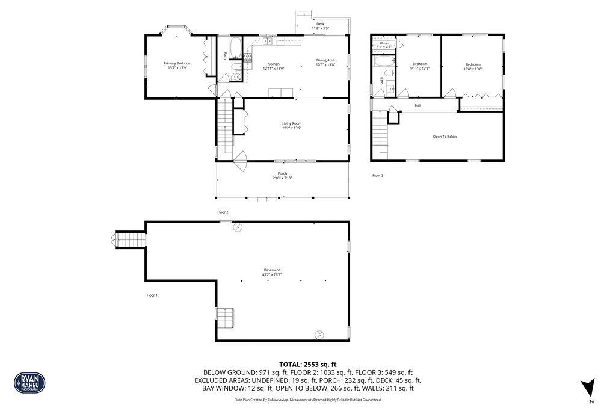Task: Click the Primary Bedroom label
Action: (177, 63)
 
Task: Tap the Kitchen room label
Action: (273, 64)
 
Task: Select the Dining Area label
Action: (325, 60)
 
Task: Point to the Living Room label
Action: (291, 123)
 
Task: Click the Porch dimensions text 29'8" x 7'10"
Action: (282, 178)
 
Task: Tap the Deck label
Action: (320, 24)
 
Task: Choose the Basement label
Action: (272, 270)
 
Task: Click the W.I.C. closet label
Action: (384, 42)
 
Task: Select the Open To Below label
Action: (445, 137)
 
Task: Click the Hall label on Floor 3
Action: (417, 105)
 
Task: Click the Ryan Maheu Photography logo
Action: (29, 382)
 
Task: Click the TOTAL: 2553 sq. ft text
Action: (307, 365)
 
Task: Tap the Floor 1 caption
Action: (152, 295)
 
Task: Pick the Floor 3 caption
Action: (377, 175)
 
